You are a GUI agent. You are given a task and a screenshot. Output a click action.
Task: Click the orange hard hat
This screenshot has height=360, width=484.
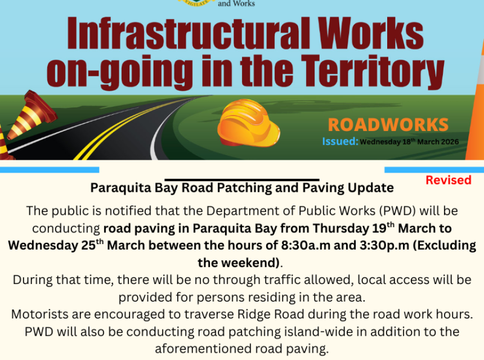pos(248,124)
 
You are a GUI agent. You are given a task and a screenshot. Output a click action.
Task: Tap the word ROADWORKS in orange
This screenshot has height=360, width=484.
pos(388,125)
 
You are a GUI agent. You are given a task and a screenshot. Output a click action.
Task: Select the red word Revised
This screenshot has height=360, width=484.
pos(448,180)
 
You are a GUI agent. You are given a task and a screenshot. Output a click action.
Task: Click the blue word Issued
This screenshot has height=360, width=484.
pos(340,141)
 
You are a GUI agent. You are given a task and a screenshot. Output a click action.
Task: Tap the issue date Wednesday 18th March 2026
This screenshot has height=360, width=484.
pos(409,142)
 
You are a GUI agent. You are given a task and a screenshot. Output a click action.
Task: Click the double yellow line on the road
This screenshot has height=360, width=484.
pos(113,132)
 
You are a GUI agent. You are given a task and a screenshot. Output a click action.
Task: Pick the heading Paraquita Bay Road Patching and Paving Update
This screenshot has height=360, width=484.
pos(242,187)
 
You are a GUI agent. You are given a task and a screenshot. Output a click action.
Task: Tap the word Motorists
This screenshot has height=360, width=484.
pos(40,314)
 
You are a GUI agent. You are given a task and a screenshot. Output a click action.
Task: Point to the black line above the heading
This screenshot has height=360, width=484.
pos(242,180)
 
